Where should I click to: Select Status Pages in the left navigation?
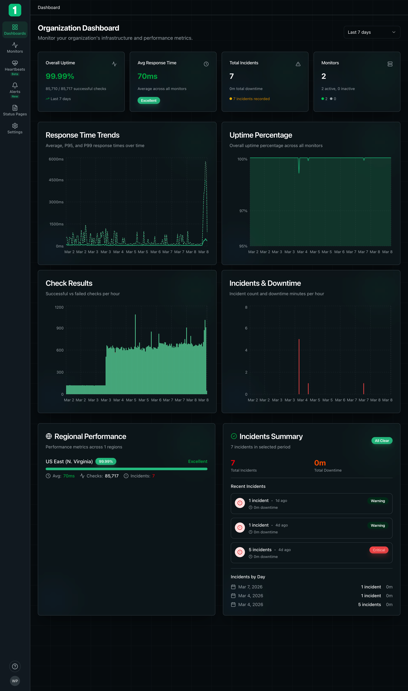pyautogui.click(x=15, y=110)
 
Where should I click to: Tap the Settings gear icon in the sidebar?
pyautogui.click(x=15, y=126)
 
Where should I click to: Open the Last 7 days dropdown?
pyautogui.click(x=371, y=32)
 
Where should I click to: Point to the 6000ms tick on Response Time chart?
pyautogui.click(x=56, y=159)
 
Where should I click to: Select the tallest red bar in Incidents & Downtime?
pyautogui.click(x=299, y=366)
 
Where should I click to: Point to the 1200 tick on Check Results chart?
pyautogui.click(x=59, y=307)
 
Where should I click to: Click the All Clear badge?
pyautogui.click(x=382, y=441)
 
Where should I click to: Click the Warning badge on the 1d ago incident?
pyautogui.click(x=377, y=501)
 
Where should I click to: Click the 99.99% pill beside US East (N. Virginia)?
pyautogui.click(x=106, y=461)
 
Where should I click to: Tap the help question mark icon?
pyautogui.click(x=15, y=666)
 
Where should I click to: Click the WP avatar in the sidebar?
pyautogui.click(x=15, y=681)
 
